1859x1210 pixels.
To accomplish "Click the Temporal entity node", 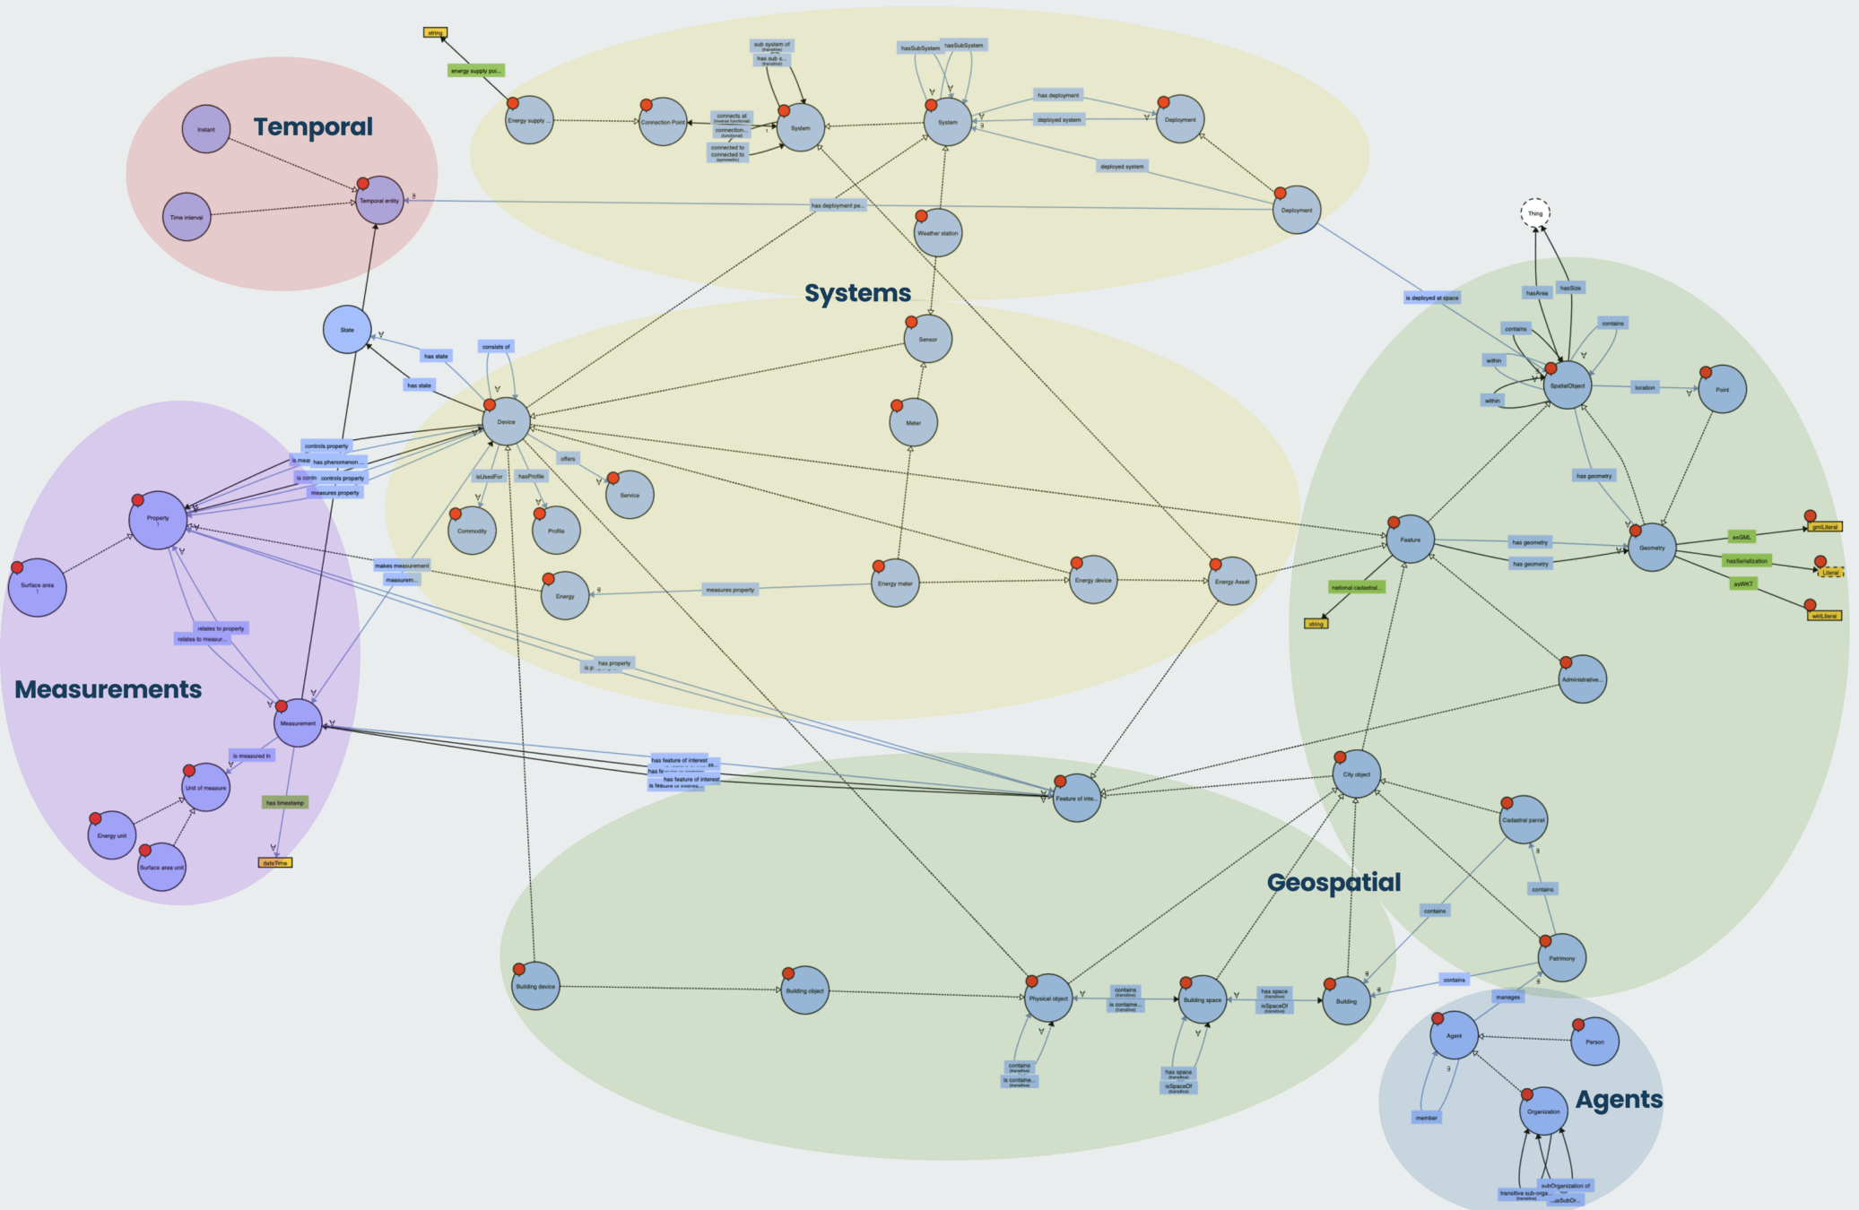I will pyautogui.click(x=379, y=201).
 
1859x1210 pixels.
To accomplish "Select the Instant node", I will pyautogui.click(x=206, y=129).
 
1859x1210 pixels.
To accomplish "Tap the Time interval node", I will pyautogui.click(x=187, y=217).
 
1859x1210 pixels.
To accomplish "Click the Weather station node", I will pyautogui.click(x=937, y=233).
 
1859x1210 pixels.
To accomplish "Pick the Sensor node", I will pyautogui.click(x=927, y=339).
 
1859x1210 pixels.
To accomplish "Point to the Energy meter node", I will pyautogui.click(x=895, y=583).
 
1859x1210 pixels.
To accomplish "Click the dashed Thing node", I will pyautogui.click(x=1535, y=213).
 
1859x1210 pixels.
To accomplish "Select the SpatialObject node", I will pyautogui.click(x=1568, y=385).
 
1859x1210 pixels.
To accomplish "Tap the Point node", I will pyautogui.click(x=1722, y=389).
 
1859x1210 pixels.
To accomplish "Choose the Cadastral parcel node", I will pyautogui.click(x=1524, y=820).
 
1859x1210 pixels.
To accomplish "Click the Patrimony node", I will pyautogui.click(x=1561, y=958).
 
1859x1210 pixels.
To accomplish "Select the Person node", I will pyautogui.click(x=1594, y=1041).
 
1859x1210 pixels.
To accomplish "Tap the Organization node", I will pyautogui.click(x=1543, y=1111).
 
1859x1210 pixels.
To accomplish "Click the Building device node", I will pyautogui.click(x=535, y=986).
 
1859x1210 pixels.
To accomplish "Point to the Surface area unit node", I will pyautogui.click(x=161, y=867).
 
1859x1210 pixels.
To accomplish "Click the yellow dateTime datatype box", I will pyautogui.click(x=275, y=862).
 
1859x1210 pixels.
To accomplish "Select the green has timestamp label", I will pyautogui.click(x=285, y=802).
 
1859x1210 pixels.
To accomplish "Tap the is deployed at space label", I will pyautogui.click(x=1431, y=298).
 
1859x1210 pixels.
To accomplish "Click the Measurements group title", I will pyautogui.click(x=109, y=689).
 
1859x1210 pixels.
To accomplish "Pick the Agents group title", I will pyautogui.click(x=1619, y=1100).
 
